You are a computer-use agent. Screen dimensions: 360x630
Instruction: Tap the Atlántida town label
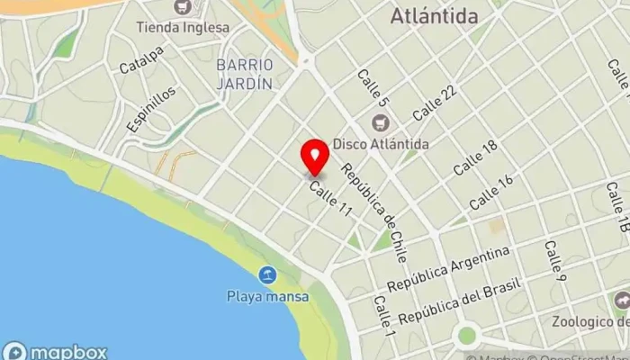(446, 15)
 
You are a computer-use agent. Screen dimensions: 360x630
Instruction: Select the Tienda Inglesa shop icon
(183, 8)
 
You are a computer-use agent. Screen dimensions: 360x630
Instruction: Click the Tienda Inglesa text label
(184, 27)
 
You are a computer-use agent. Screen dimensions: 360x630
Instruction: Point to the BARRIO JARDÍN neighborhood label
(243, 74)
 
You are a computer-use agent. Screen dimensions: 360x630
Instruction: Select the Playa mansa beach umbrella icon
(267, 275)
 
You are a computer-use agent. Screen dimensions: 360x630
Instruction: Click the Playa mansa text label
(267, 296)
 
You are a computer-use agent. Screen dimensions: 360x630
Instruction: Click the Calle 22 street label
(436, 103)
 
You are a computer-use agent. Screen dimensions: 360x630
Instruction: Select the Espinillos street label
(150, 110)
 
